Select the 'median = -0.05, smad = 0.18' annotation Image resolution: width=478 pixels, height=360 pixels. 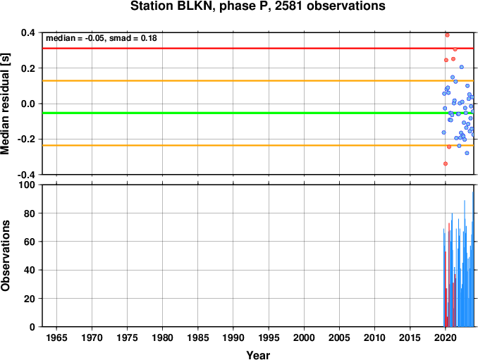[102, 38]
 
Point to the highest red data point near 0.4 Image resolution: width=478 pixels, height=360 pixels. [447, 35]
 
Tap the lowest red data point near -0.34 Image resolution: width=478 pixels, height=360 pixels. [446, 163]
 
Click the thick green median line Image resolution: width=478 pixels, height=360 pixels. [258, 113]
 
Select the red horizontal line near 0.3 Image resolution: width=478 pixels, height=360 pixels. [258, 48]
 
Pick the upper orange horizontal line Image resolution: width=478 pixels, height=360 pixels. [258, 81]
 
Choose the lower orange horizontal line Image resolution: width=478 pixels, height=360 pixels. [258, 145]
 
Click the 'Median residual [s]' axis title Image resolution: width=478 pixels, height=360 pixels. [5, 104]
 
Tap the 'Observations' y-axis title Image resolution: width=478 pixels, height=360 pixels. [5, 256]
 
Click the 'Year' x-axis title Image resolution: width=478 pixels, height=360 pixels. [258, 355]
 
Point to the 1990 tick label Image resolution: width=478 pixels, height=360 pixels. [233, 337]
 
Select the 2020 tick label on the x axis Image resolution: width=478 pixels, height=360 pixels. [446, 337]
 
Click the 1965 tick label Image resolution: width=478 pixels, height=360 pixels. [56, 337]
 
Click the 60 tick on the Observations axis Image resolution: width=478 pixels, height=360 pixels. [30, 242]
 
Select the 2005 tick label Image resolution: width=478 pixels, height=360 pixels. [339, 337]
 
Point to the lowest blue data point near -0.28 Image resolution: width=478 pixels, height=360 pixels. [467, 153]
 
